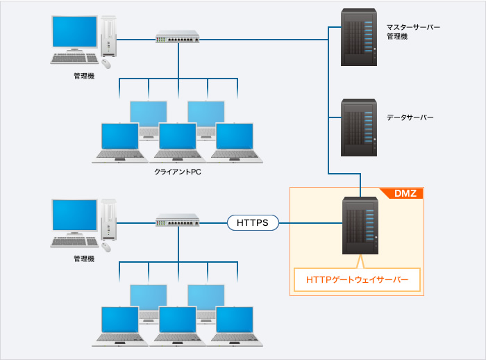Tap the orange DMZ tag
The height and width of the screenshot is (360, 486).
coord(405,194)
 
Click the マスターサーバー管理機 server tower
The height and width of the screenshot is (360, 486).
coord(360,37)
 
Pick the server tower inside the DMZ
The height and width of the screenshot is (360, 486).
coord(360,226)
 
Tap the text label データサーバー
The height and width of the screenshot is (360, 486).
coord(410,118)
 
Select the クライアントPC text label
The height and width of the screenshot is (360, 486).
coord(178,170)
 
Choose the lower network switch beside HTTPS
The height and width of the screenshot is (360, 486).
coord(178,220)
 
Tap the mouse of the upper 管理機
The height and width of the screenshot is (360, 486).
coord(106,63)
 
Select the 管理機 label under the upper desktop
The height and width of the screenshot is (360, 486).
coord(83,76)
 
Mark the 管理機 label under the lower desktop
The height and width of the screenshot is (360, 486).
coord(83,259)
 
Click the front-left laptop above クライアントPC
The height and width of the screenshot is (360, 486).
coord(119,142)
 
